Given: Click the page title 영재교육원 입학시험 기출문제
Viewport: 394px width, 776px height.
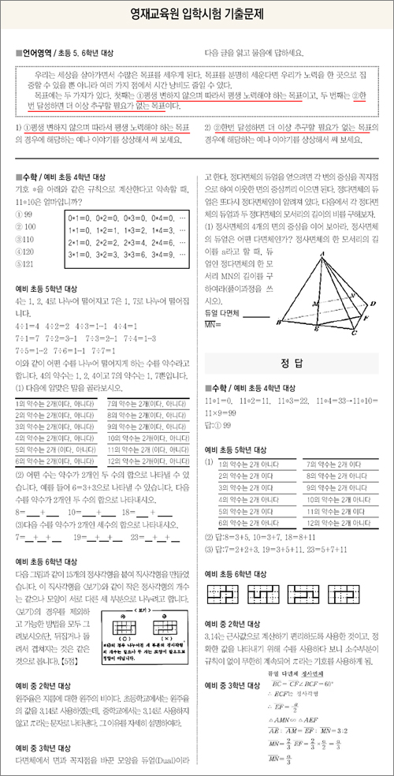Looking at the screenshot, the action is click(196, 15).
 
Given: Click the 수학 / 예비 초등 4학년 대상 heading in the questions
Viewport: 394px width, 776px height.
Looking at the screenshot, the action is click(60, 176).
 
